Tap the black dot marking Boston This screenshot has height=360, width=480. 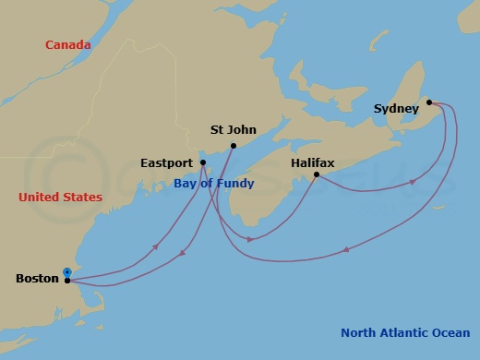[x=68, y=281]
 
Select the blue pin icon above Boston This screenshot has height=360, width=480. [x=67, y=272]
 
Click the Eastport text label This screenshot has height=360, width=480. [x=167, y=162]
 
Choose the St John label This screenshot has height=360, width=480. [x=234, y=130]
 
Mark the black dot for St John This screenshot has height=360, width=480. [x=234, y=146]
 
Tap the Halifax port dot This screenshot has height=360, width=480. [x=317, y=174]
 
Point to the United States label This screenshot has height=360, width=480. [x=60, y=198]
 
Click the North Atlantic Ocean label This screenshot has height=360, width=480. [x=404, y=333]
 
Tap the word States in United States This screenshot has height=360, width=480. [x=82, y=198]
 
